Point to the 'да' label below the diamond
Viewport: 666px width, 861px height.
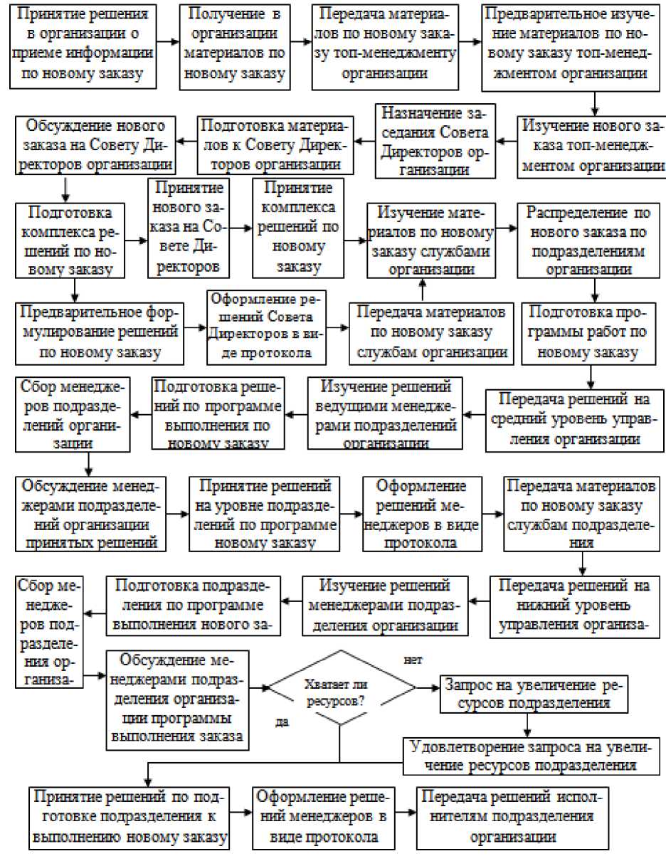[282, 722]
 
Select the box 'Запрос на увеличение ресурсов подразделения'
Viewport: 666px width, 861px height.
[533, 694]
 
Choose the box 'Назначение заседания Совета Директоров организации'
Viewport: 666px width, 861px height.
[435, 141]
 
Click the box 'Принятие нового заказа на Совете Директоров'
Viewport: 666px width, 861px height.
[189, 227]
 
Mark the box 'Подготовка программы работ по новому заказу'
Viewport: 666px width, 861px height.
[582, 332]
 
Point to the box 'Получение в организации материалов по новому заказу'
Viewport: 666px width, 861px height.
[235, 48]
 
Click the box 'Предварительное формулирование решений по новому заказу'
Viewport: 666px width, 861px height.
[99, 332]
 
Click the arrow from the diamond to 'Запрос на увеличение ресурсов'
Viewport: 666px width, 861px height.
[426, 688]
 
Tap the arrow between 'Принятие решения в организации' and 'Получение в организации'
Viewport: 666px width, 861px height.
[168, 41]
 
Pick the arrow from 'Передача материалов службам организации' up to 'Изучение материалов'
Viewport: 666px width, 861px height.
[423, 290]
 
